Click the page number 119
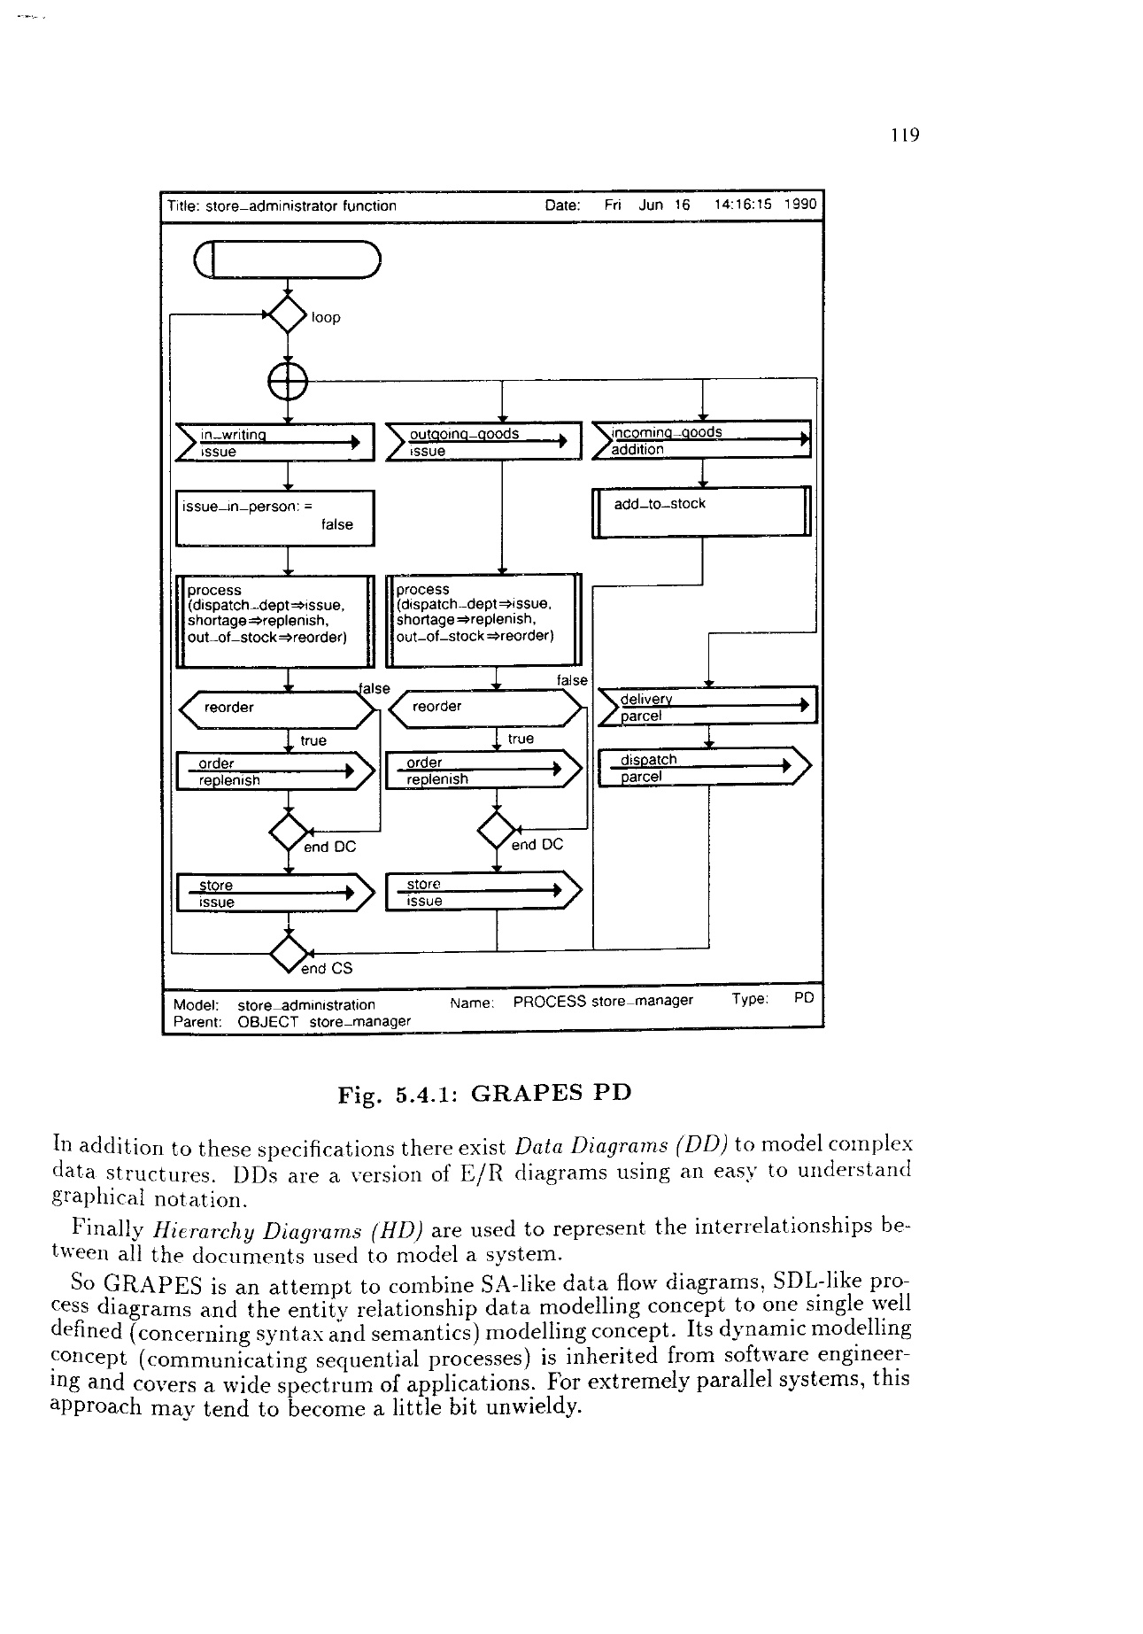point(906,136)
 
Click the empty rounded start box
point(288,259)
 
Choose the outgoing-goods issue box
point(483,442)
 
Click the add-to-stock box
point(701,512)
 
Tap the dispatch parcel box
point(704,768)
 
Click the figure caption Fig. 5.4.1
point(484,1092)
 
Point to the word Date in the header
point(562,205)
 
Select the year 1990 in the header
point(800,205)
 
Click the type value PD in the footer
point(803,999)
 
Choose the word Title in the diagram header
point(183,206)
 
